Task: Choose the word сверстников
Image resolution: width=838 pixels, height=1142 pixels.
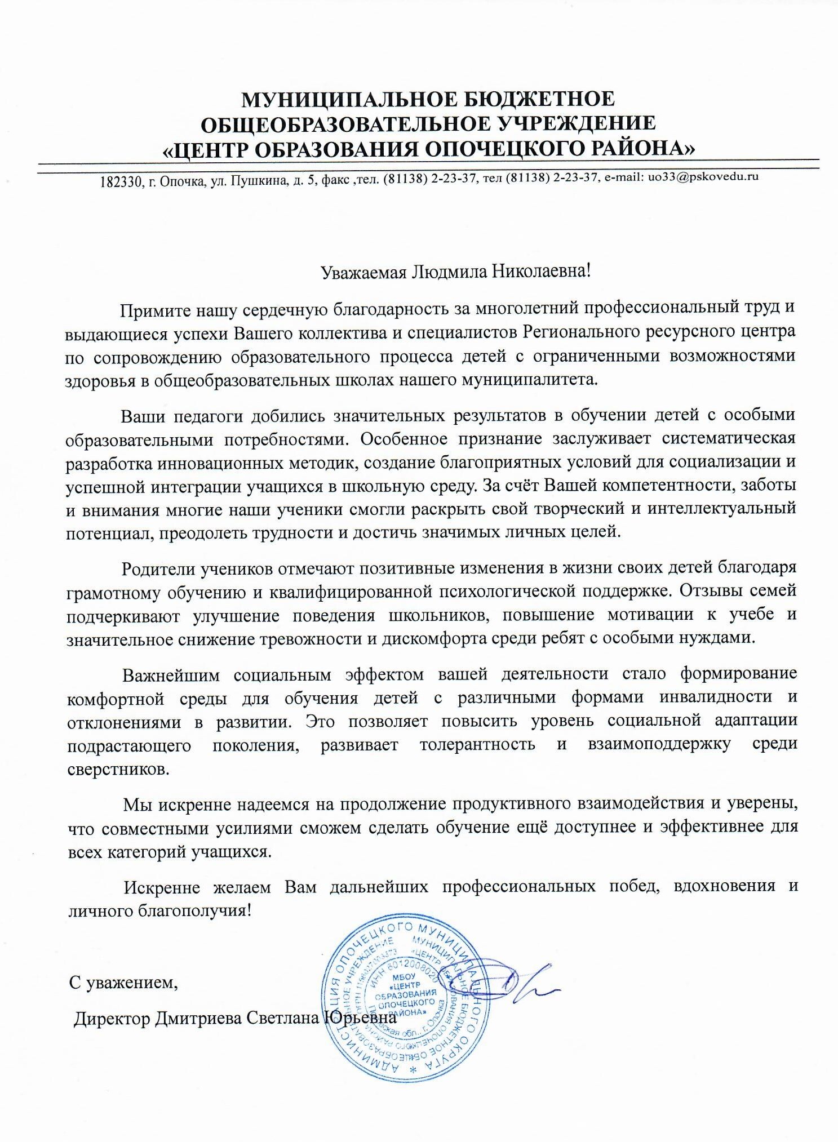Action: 117,768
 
